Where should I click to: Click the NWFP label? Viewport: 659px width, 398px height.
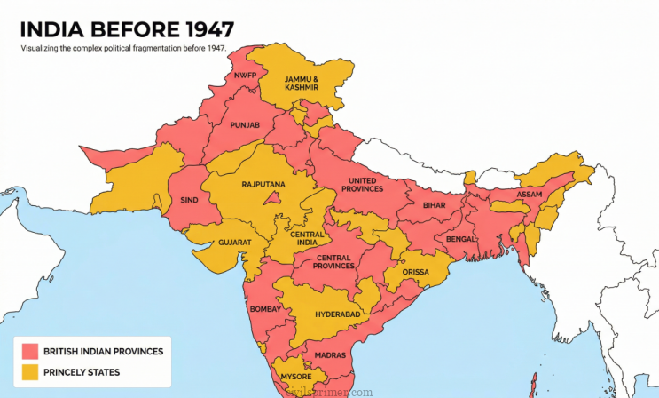[x=245, y=76]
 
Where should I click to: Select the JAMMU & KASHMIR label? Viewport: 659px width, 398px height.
[x=302, y=84]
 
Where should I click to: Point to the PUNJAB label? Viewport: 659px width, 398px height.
[x=245, y=125]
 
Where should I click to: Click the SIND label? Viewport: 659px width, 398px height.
[x=189, y=200]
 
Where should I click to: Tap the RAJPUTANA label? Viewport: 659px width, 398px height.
[x=263, y=184]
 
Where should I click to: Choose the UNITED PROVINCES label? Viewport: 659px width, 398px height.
[x=365, y=184]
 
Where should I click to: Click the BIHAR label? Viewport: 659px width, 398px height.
[x=434, y=205]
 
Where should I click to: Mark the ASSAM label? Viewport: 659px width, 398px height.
[x=529, y=194]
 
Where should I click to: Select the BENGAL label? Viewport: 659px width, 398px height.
[x=461, y=240]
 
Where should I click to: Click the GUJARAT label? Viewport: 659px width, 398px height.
[x=235, y=242]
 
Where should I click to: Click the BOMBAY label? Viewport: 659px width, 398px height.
[x=265, y=308]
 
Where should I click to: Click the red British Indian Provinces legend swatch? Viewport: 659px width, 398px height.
[x=30, y=351]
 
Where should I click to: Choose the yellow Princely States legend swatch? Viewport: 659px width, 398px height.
[x=30, y=372]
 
